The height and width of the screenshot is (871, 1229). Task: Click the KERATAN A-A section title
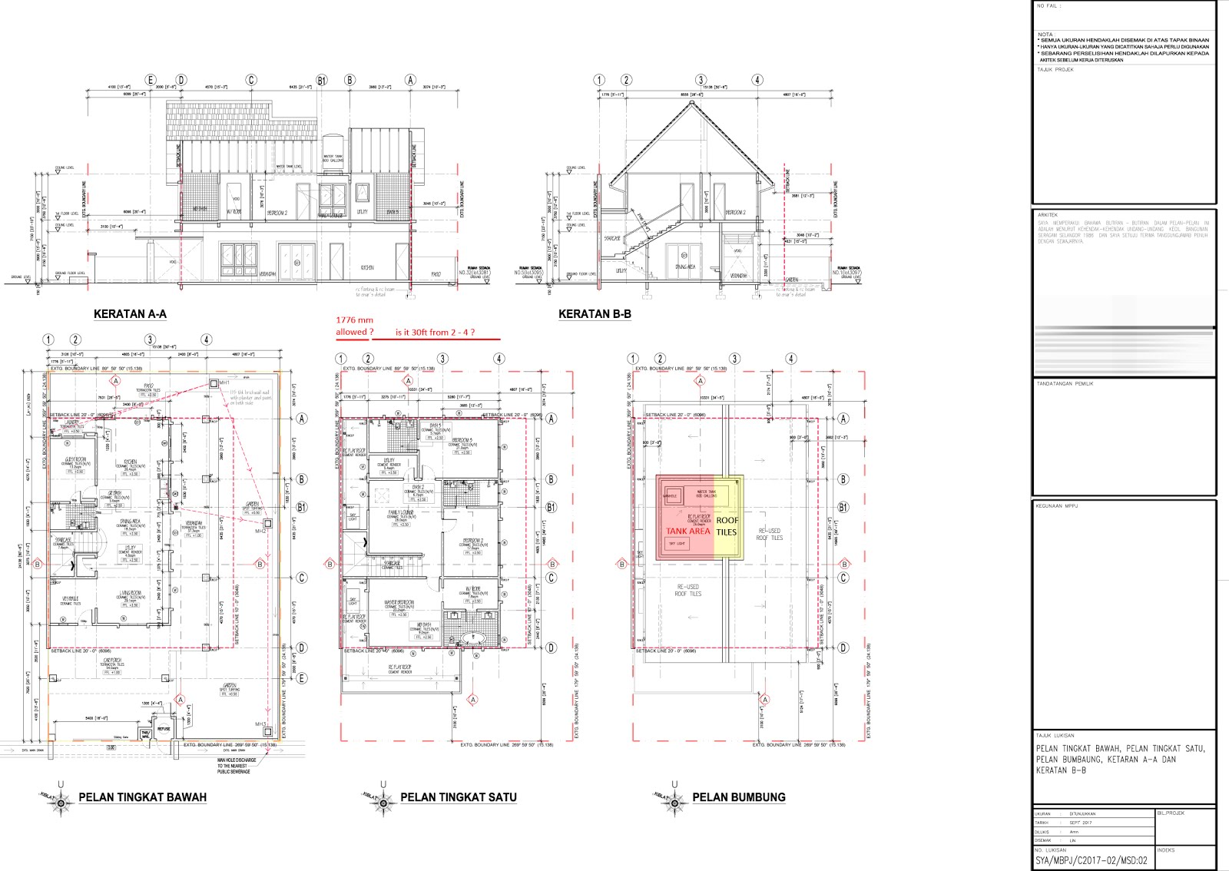click(130, 314)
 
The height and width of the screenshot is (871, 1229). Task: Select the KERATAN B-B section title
click(595, 314)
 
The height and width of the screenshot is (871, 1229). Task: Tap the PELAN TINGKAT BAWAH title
click(142, 797)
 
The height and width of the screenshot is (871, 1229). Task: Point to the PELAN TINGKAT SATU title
click(458, 797)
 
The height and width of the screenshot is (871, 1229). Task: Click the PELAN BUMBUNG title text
click(738, 797)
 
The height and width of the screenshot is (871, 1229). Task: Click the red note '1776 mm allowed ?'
click(354, 326)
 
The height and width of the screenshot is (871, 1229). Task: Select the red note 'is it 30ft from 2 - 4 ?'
click(435, 333)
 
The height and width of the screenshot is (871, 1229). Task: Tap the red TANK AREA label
click(687, 532)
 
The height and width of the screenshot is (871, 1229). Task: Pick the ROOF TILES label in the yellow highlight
click(727, 526)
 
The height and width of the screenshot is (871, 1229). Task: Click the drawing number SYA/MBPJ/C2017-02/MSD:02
click(1091, 860)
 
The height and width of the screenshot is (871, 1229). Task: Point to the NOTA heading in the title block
click(1045, 35)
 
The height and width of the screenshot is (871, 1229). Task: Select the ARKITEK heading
click(1047, 215)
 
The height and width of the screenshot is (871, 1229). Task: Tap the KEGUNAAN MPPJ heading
click(1056, 506)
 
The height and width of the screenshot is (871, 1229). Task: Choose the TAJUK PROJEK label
click(1055, 70)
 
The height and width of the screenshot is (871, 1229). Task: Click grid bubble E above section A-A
click(151, 80)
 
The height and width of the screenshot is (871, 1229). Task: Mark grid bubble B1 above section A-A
click(322, 80)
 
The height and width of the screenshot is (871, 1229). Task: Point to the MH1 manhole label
click(224, 383)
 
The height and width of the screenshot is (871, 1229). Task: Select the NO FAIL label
click(1048, 6)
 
